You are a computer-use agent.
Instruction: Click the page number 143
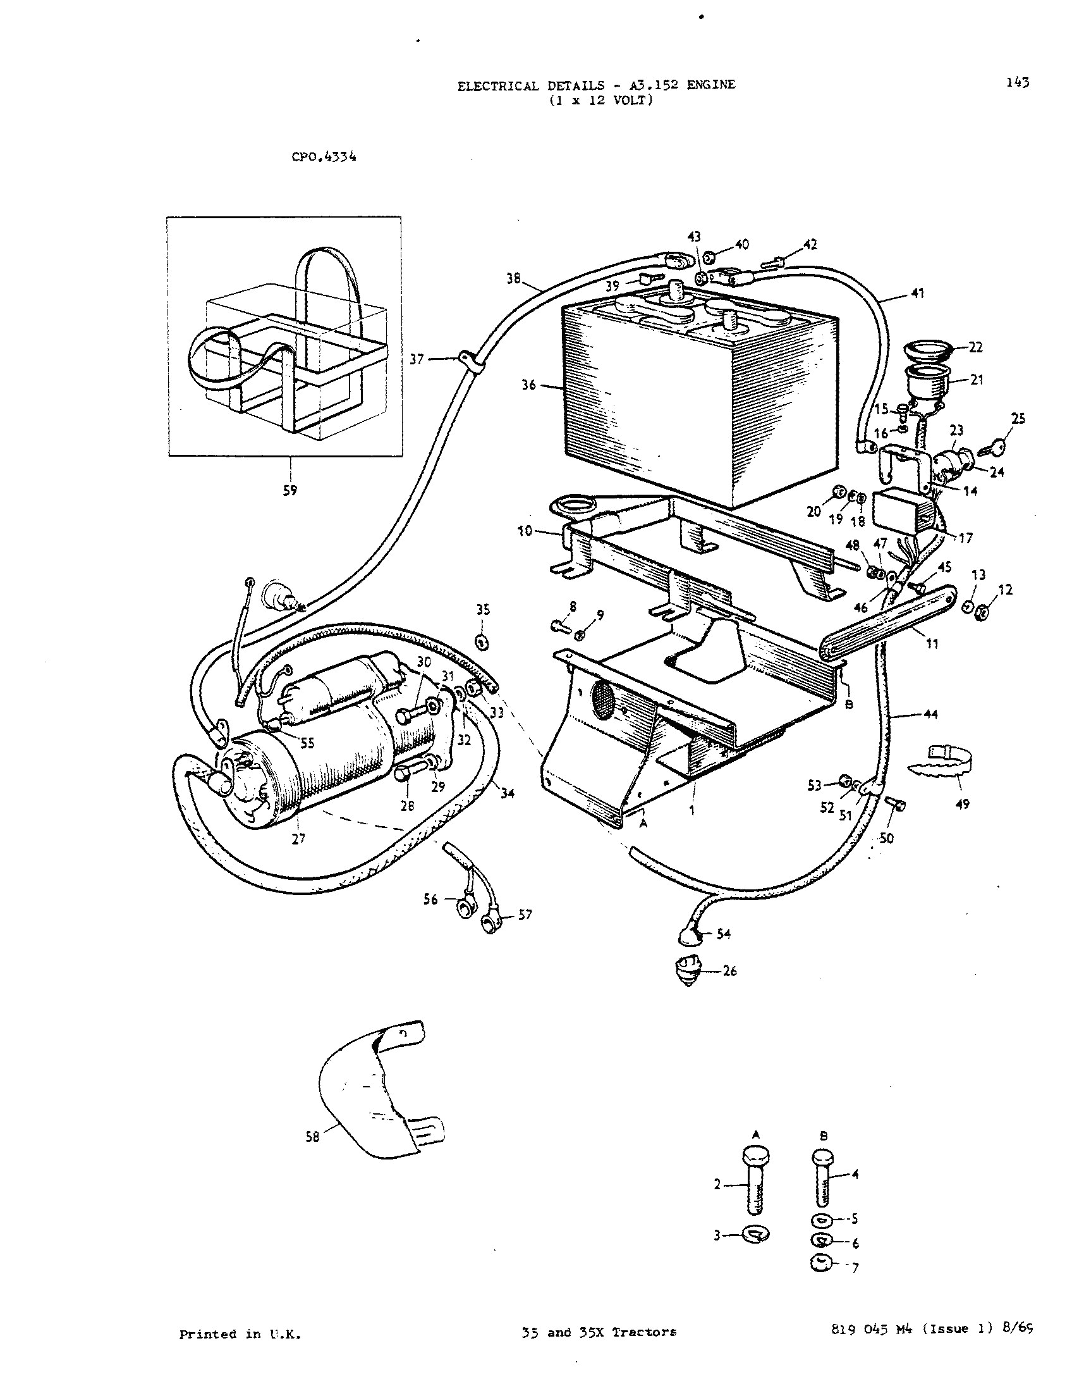tap(1017, 83)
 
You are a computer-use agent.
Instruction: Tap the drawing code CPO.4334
tap(324, 157)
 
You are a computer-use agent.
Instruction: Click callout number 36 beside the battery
tap(528, 385)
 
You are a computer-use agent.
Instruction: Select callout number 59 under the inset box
tap(289, 490)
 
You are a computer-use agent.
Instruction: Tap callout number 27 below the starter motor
tap(298, 839)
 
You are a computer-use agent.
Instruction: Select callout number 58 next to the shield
tap(312, 1137)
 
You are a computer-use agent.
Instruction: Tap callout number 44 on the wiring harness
tap(930, 714)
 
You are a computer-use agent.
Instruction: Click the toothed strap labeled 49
tap(939, 761)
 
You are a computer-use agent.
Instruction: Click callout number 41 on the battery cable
tap(917, 293)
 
